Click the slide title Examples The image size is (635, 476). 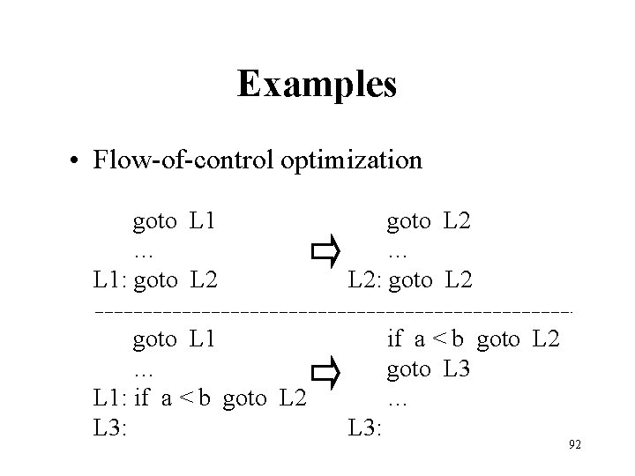(x=317, y=85)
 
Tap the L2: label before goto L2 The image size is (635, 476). (x=365, y=281)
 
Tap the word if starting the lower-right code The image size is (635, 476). (x=394, y=339)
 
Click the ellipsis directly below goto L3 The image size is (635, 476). (x=397, y=401)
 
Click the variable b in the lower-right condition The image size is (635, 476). (x=459, y=339)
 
